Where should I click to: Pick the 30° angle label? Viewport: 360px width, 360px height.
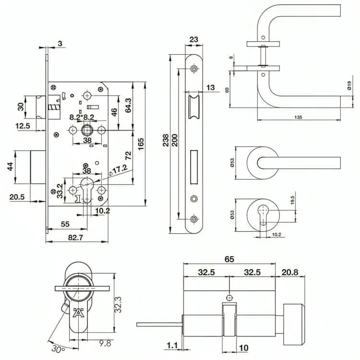coord(59,349)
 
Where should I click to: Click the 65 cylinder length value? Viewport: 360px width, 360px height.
coord(229,260)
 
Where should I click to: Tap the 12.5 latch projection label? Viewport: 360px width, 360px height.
coord(23,126)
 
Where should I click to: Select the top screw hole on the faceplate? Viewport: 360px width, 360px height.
coord(193,70)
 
